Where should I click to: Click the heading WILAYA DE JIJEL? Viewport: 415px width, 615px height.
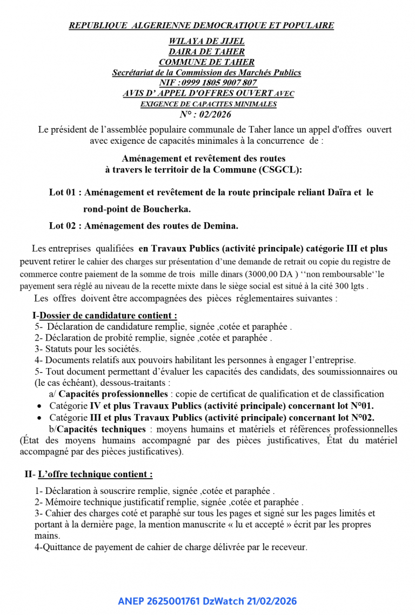[x=206, y=41]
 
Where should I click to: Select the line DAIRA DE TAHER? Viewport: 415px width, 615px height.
[x=206, y=52]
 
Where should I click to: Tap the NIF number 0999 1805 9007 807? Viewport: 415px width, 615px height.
[x=219, y=83]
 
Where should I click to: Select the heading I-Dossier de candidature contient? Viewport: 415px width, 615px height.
[x=105, y=315]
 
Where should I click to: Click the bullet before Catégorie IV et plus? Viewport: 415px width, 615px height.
[x=39, y=406]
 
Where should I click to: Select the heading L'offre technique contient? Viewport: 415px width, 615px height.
[x=95, y=474]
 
